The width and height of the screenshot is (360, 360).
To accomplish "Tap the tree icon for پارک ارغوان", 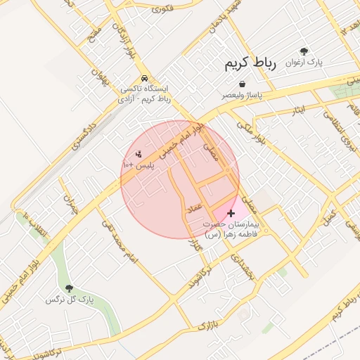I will click(x=304, y=51).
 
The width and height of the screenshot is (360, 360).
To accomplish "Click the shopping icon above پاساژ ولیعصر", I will click(x=242, y=84).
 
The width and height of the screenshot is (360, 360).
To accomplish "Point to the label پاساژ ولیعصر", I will click(x=243, y=94).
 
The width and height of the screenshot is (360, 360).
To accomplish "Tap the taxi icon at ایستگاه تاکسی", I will click(x=144, y=78).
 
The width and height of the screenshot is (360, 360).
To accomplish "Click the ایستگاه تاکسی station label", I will click(x=145, y=94).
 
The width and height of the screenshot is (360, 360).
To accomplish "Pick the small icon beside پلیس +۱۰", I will click(x=139, y=154).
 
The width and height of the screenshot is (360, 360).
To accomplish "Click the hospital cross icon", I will click(x=231, y=212).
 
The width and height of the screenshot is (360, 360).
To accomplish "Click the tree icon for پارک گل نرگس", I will click(x=69, y=288).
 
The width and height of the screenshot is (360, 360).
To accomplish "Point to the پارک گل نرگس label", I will click(x=69, y=300).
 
